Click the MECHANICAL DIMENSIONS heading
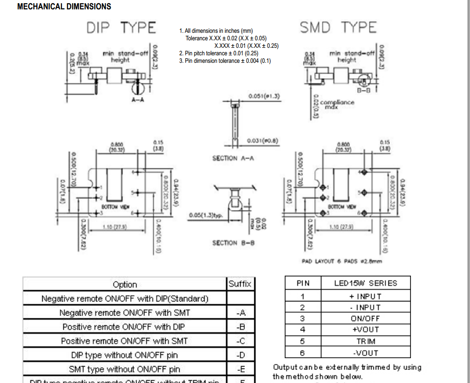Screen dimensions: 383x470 tap(64, 7)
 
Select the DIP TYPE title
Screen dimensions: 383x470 tap(121, 28)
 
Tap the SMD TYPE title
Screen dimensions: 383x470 tap(338, 28)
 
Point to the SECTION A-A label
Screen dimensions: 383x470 tap(233, 158)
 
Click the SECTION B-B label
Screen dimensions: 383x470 tap(233, 243)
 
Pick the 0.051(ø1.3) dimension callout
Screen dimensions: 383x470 tap(264, 96)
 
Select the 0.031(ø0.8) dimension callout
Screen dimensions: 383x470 tap(264, 141)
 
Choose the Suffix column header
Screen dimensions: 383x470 tap(240, 284)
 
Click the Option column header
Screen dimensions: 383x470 tap(125, 285)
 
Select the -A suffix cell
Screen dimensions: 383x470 tap(241, 313)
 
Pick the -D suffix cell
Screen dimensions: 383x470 tap(241, 355)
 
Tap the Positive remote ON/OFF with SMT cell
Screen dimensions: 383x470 tap(125, 341)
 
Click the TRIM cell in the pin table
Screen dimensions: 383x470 tap(365, 341)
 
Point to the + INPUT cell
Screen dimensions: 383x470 tap(365, 296)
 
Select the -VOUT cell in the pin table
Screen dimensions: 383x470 tap(365, 353)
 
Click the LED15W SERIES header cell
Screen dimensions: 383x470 tap(365, 283)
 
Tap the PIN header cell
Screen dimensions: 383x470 tap(303, 283)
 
